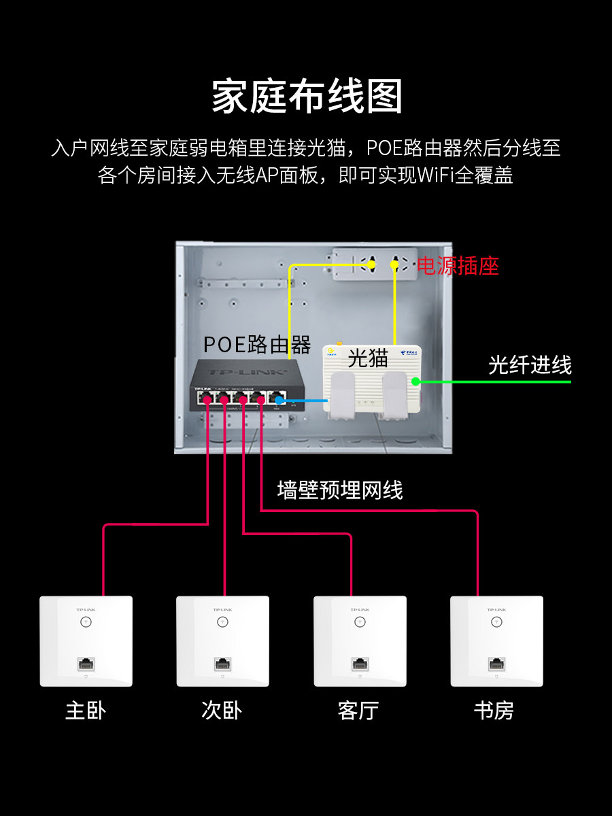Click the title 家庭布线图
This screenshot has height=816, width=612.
pyautogui.click(x=307, y=96)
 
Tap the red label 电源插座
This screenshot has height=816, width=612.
pyautogui.click(x=458, y=266)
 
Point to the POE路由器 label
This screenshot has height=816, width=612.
pyautogui.click(x=257, y=344)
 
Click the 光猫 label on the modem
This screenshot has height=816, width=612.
pyautogui.click(x=368, y=358)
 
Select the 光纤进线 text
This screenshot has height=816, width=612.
pyautogui.click(x=530, y=364)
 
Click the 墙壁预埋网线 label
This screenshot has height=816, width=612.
pyautogui.click(x=340, y=490)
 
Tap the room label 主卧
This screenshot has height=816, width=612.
pyautogui.click(x=86, y=711)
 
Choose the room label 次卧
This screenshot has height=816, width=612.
pyautogui.click(x=222, y=711)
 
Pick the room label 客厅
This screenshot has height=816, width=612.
pyautogui.click(x=358, y=711)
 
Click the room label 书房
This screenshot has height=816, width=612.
pyautogui.click(x=494, y=711)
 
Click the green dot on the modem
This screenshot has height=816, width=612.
pyautogui.click(x=415, y=381)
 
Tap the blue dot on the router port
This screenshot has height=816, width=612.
pyautogui.click(x=279, y=401)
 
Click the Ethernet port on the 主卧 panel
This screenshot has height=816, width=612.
pyautogui.click(x=86, y=664)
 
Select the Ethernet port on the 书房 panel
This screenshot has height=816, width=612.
pyautogui.click(x=497, y=664)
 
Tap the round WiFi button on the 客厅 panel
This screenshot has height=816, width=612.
pyautogui.click(x=360, y=622)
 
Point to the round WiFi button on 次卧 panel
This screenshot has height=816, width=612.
pyautogui.click(x=222, y=622)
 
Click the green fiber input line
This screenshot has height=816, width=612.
pyautogui.click(x=494, y=381)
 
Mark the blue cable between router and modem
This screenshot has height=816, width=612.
pyautogui.click(x=303, y=401)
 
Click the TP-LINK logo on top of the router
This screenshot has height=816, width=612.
pyautogui.click(x=247, y=372)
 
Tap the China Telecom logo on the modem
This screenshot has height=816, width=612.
pyautogui.click(x=409, y=352)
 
